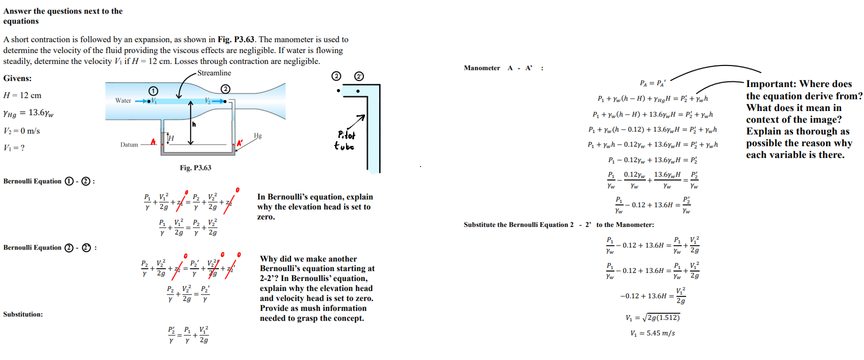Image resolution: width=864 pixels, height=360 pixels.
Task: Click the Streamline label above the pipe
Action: (x=214, y=73)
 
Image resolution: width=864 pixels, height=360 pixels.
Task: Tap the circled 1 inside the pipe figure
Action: (x=153, y=90)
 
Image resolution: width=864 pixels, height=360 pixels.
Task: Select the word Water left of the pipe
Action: (x=123, y=100)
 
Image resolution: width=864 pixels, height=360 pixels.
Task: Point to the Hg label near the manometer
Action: (x=257, y=135)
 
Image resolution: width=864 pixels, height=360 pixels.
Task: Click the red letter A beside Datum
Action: (x=153, y=142)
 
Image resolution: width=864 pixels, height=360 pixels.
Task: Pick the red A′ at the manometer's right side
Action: (x=239, y=143)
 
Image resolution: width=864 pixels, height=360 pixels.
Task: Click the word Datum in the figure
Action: (x=129, y=145)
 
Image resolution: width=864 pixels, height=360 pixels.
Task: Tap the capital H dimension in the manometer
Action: (x=171, y=138)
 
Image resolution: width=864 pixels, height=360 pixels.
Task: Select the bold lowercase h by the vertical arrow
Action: (x=194, y=124)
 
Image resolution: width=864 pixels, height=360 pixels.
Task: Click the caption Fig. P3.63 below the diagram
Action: (x=195, y=168)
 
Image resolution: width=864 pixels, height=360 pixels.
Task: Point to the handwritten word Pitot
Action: (x=346, y=135)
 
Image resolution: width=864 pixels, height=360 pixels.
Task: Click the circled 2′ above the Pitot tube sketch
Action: (x=359, y=76)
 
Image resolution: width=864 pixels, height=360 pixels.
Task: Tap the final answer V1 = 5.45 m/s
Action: (x=652, y=333)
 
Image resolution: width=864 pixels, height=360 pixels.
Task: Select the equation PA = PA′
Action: (x=652, y=83)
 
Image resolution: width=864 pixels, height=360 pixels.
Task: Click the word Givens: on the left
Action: (x=17, y=78)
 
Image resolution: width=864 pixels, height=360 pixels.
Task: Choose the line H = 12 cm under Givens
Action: (x=22, y=95)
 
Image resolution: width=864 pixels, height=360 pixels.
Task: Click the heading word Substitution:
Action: (x=23, y=314)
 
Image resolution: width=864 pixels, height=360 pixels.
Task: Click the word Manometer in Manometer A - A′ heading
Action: (x=481, y=68)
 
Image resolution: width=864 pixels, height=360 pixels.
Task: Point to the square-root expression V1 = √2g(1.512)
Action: (x=652, y=317)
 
